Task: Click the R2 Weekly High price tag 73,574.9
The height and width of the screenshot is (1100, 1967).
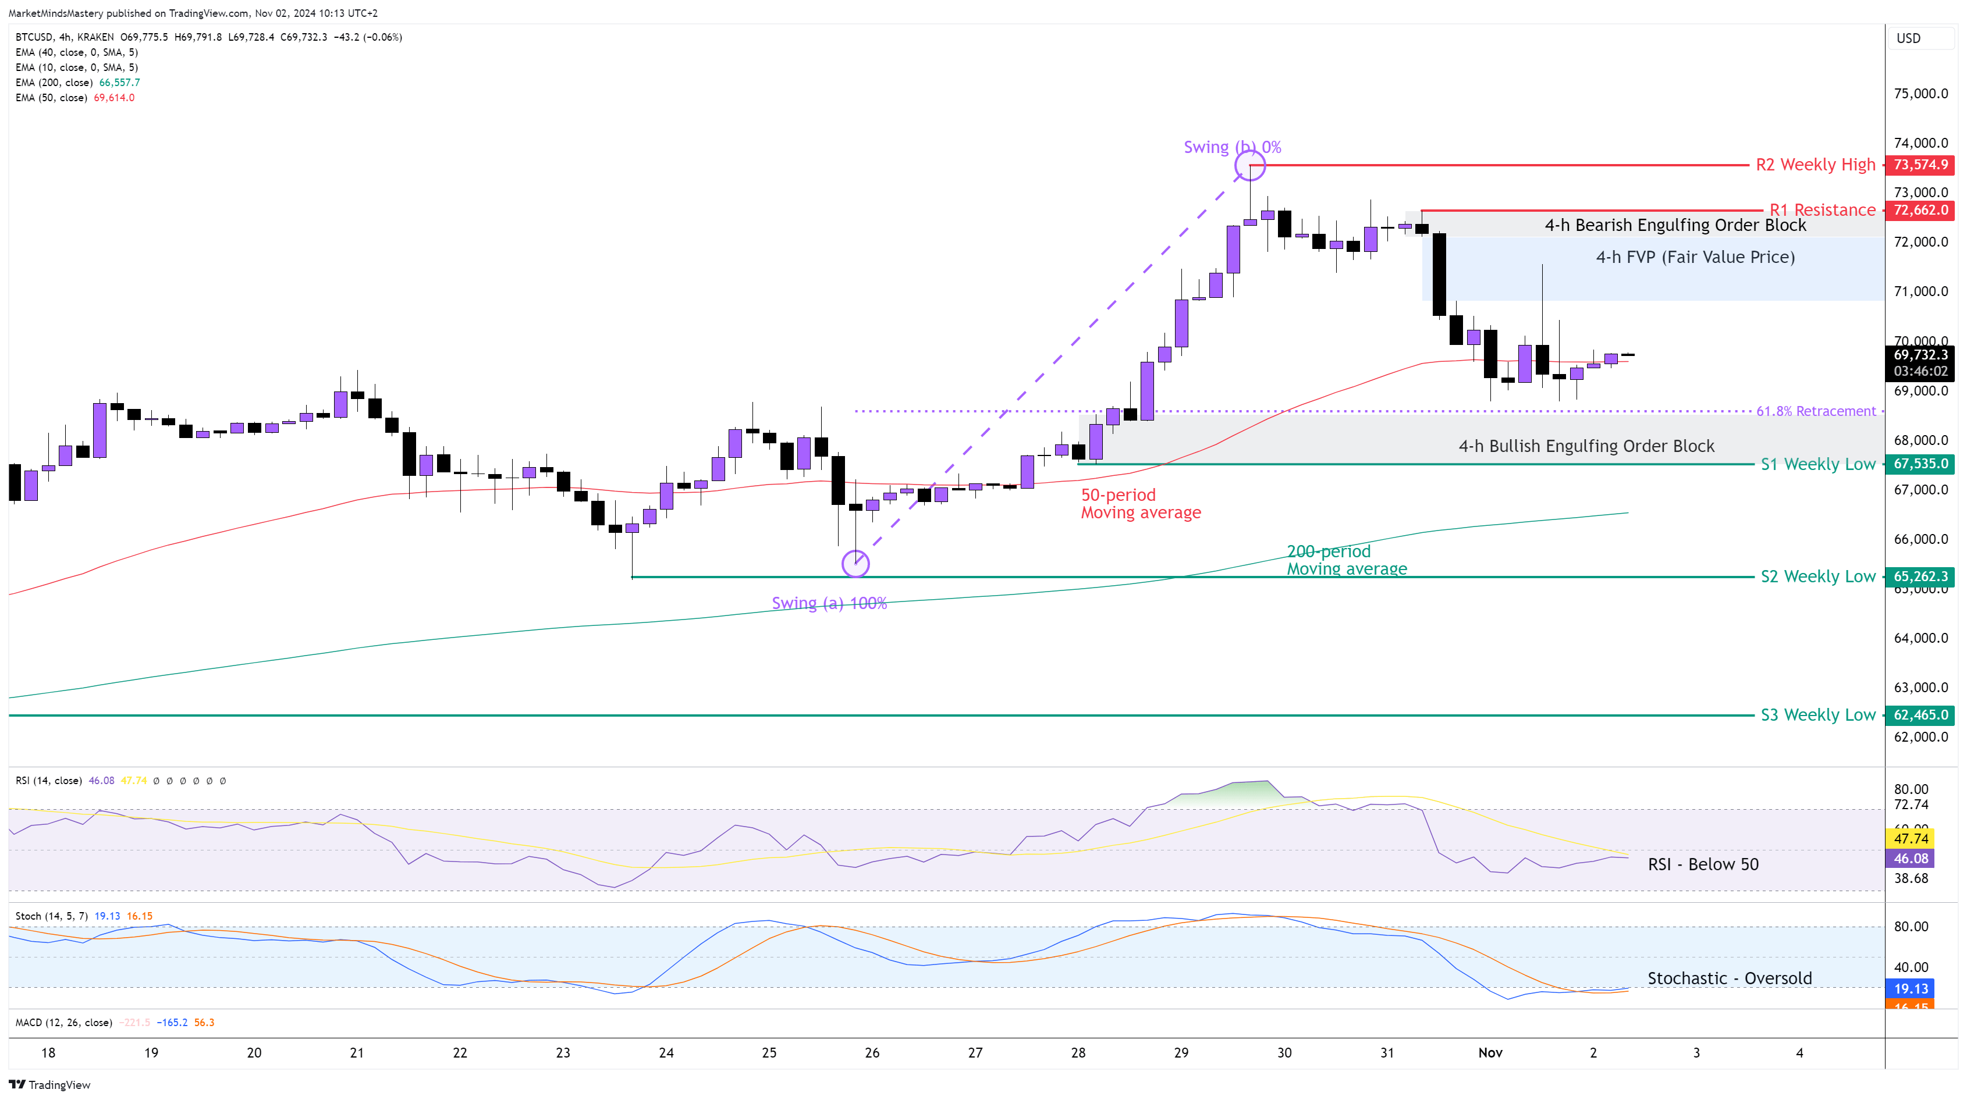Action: click(1920, 165)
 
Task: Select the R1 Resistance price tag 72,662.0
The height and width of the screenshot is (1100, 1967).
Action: click(1920, 210)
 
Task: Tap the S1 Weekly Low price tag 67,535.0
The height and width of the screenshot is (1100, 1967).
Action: click(1920, 464)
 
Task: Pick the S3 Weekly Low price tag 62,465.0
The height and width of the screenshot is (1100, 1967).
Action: click(1920, 715)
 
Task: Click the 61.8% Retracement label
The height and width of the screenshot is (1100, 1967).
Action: click(1816, 411)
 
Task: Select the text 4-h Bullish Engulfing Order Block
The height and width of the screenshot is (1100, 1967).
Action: click(1586, 446)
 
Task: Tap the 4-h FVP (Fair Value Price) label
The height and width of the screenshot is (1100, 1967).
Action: click(1695, 257)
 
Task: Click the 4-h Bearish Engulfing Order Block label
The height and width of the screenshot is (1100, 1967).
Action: click(1675, 225)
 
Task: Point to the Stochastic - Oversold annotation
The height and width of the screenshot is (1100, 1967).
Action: click(1730, 978)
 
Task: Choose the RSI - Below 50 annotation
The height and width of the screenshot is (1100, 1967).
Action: click(1703, 864)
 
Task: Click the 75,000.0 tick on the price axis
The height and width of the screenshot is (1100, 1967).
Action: click(1920, 94)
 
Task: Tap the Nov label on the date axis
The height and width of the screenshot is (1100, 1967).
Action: click(1490, 1053)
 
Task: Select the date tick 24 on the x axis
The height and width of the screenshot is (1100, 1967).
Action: click(666, 1053)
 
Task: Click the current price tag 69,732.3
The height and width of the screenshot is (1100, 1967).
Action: click(1920, 355)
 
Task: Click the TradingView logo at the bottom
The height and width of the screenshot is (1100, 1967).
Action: click(49, 1085)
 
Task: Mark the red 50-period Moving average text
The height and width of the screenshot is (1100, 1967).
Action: click(1140, 504)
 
